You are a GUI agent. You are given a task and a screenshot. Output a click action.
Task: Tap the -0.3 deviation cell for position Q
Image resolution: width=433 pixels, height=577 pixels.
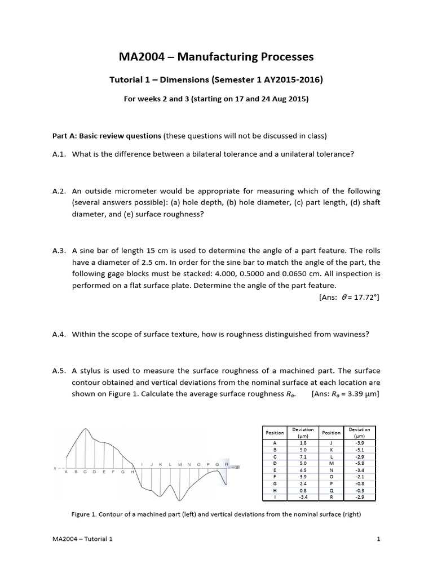[359, 491]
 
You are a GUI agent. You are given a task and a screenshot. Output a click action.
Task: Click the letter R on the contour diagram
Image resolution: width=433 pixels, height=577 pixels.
[226, 464]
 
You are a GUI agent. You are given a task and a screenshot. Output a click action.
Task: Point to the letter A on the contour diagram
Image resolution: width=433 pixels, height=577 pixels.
[67, 472]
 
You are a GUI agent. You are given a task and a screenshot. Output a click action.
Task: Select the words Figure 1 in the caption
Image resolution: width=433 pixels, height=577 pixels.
[85, 514]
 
